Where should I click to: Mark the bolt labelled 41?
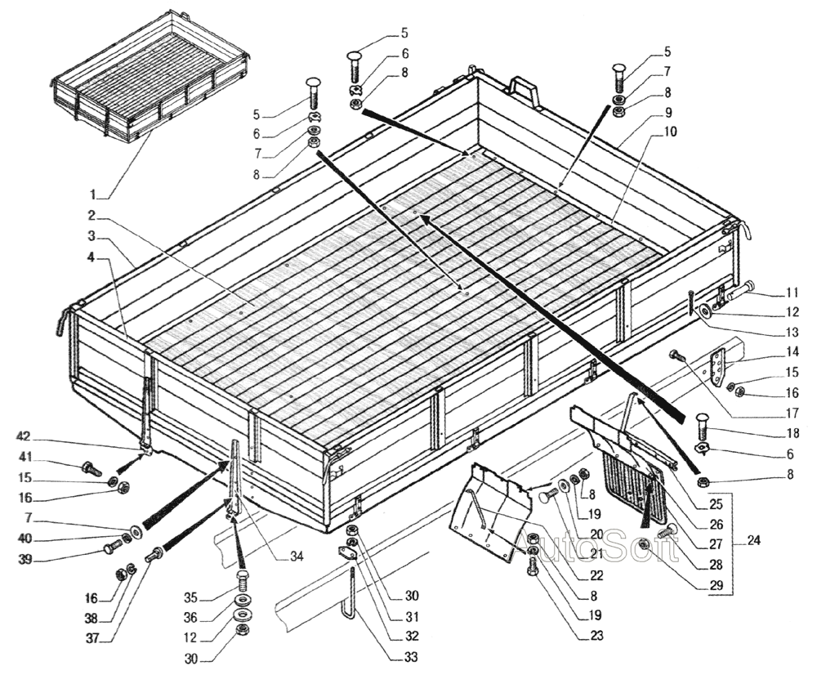pyautogui.click(x=88, y=468)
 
